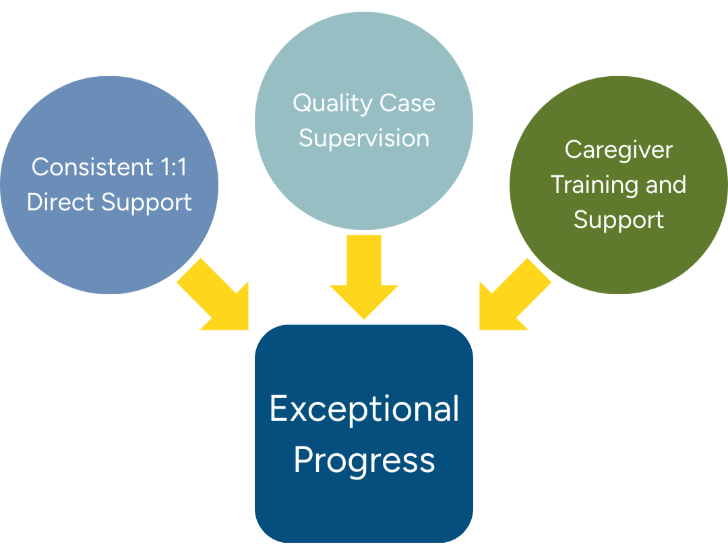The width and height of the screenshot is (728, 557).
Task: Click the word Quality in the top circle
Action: pos(326,104)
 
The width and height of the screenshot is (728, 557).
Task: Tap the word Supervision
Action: pos(364,138)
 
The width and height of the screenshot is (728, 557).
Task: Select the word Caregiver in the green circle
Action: pos(618,150)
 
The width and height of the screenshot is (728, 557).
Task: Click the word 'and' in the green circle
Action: pos(664,185)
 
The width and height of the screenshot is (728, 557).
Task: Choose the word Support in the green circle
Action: pos(618,221)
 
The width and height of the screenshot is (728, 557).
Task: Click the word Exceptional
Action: pos(364,410)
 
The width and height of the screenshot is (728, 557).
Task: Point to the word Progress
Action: pos(364,461)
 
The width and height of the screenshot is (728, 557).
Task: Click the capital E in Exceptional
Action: pos(278,409)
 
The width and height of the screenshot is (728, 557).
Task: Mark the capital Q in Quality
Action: pos(301,103)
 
